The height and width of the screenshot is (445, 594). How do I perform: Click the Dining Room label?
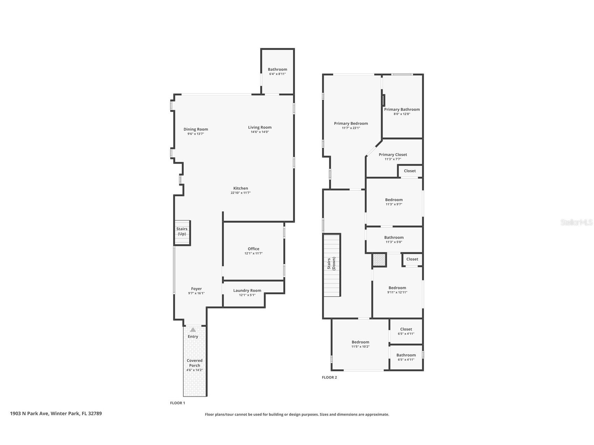(x=196, y=129)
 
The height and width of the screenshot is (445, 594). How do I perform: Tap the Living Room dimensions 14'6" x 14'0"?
(x=260, y=132)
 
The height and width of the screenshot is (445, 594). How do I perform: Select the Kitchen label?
(x=241, y=188)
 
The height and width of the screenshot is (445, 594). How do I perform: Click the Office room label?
(x=253, y=249)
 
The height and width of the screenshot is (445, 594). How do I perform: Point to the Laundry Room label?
(x=247, y=290)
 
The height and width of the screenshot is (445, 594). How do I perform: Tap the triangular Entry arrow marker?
(x=193, y=330)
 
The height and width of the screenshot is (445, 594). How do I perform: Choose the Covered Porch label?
(x=195, y=363)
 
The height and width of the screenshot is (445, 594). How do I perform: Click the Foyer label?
(x=196, y=289)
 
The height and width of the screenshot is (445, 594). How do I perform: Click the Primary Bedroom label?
(x=351, y=123)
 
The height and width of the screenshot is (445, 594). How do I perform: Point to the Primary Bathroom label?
(x=402, y=109)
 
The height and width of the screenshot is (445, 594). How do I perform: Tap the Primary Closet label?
(x=393, y=154)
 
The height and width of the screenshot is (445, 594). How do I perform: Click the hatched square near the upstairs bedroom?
(x=379, y=260)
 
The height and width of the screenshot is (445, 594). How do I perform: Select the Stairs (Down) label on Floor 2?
(x=331, y=264)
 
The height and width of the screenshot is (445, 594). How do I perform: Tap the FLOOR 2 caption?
(x=329, y=377)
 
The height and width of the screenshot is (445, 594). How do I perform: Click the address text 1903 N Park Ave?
(x=56, y=414)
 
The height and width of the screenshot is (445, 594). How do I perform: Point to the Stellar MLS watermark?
(x=576, y=222)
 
